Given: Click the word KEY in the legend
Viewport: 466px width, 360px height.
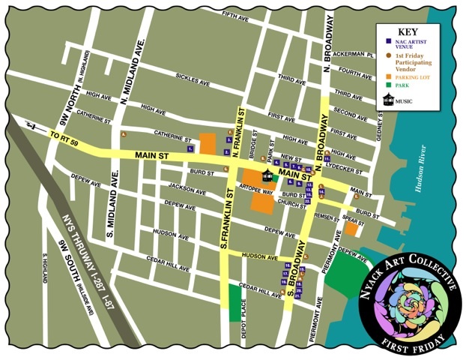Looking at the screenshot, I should tap(407, 31).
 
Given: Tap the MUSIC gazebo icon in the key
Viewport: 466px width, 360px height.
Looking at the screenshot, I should tap(387, 100).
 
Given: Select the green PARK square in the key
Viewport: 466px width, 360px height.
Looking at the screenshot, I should tap(387, 85).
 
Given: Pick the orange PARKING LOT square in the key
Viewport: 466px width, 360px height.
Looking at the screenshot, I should tap(387, 76).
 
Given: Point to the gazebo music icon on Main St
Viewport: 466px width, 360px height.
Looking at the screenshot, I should tap(267, 175).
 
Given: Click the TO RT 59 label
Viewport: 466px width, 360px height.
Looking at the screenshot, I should tap(64, 137).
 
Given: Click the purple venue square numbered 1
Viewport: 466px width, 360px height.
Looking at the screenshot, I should tap(191, 148).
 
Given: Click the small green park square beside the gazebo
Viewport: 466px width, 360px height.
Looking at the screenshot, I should tap(276, 178).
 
